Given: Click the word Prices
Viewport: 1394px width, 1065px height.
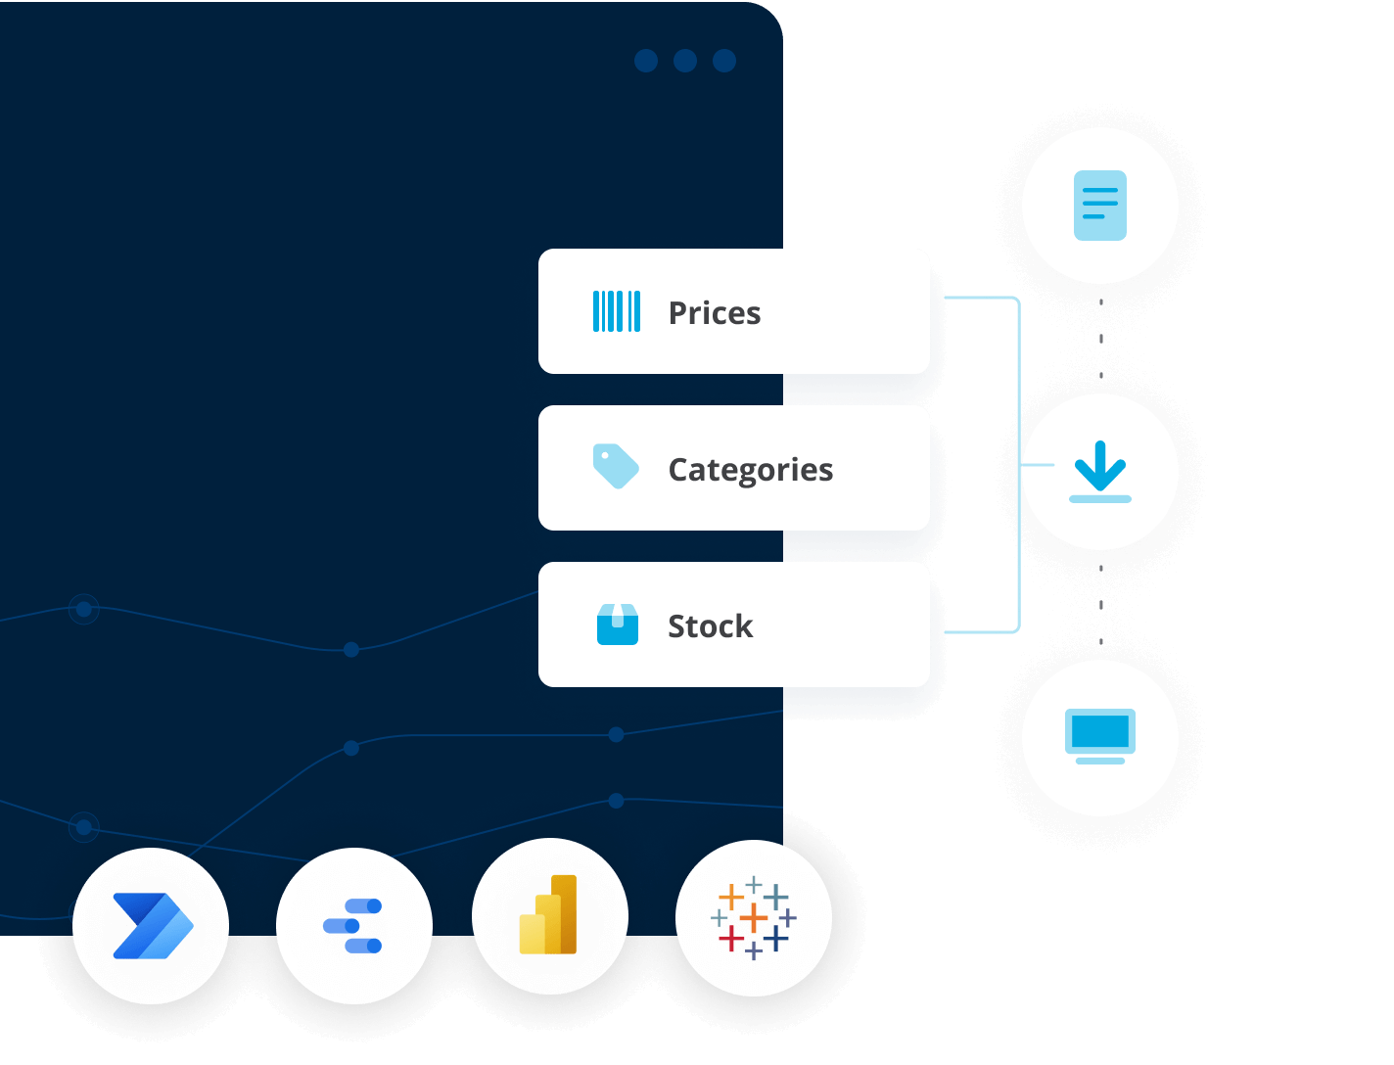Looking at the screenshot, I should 714,313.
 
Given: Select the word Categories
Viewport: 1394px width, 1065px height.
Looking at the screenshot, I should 750,470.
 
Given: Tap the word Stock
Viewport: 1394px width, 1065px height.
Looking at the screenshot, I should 710,626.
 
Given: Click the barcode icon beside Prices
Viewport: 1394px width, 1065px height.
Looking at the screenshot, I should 617,311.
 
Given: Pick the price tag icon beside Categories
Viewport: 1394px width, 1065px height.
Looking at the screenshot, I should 616,467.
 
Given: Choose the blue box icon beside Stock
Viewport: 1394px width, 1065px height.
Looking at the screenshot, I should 617,625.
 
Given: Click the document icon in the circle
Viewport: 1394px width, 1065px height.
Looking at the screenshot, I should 1099,206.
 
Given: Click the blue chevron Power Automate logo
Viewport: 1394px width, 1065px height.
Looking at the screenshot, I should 152,925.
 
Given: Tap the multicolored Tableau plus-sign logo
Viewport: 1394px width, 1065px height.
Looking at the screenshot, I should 753,918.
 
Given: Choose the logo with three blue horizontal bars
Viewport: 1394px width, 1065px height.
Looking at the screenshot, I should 353,925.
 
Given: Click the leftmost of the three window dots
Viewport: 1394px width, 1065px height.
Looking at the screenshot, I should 646,61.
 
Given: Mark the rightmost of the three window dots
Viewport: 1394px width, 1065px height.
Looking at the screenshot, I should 724,61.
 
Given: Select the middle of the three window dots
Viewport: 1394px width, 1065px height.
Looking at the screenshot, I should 685,61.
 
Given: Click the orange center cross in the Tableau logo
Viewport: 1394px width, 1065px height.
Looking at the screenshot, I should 753,918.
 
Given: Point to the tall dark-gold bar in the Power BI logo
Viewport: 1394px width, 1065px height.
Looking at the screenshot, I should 564,912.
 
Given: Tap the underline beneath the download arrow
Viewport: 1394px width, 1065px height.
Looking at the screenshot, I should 1099,499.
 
